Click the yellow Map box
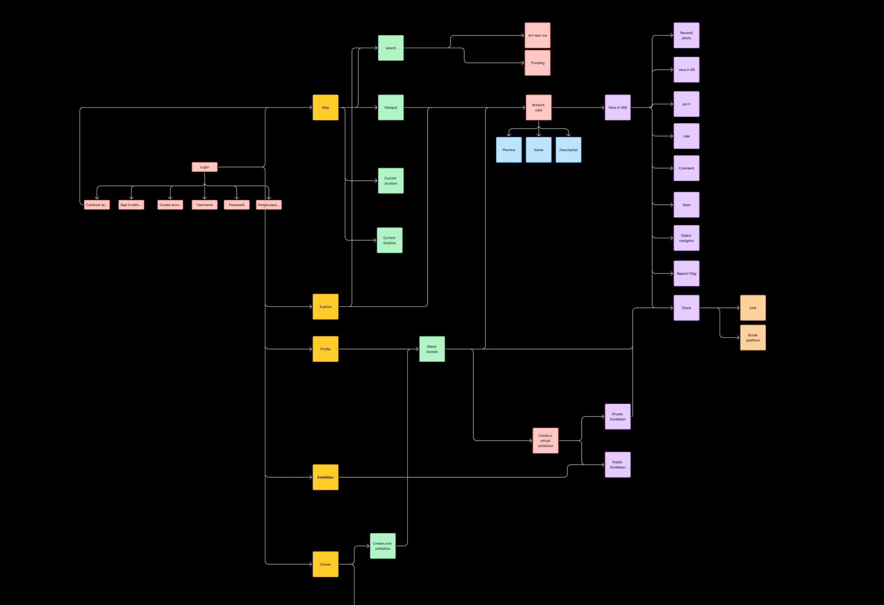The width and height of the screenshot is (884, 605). coord(325,108)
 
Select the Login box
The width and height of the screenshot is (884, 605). coord(204,167)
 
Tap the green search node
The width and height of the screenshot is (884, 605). coord(391,48)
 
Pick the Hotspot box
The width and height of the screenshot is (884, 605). coord(391,108)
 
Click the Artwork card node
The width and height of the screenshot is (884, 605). coord(538,108)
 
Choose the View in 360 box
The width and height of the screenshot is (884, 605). coord(617,108)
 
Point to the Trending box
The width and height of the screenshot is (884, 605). coord(537,63)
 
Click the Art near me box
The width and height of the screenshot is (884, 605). coord(537,36)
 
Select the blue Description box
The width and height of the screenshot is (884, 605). coord(568,150)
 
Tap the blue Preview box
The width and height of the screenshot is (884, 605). coord(509,150)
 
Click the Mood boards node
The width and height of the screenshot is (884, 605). coord(432,349)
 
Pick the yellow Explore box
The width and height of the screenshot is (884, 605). coord(325,307)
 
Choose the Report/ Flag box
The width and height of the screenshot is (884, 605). coord(686,273)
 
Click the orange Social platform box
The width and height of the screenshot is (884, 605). coord(753,338)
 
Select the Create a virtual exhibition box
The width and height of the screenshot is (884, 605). coord(545,441)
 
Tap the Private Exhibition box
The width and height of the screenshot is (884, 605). coord(617,416)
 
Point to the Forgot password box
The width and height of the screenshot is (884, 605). coord(269,205)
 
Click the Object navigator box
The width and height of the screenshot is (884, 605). coord(686,238)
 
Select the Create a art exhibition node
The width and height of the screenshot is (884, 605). coord(383,546)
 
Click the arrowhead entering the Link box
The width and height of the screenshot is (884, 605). coord(737,308)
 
